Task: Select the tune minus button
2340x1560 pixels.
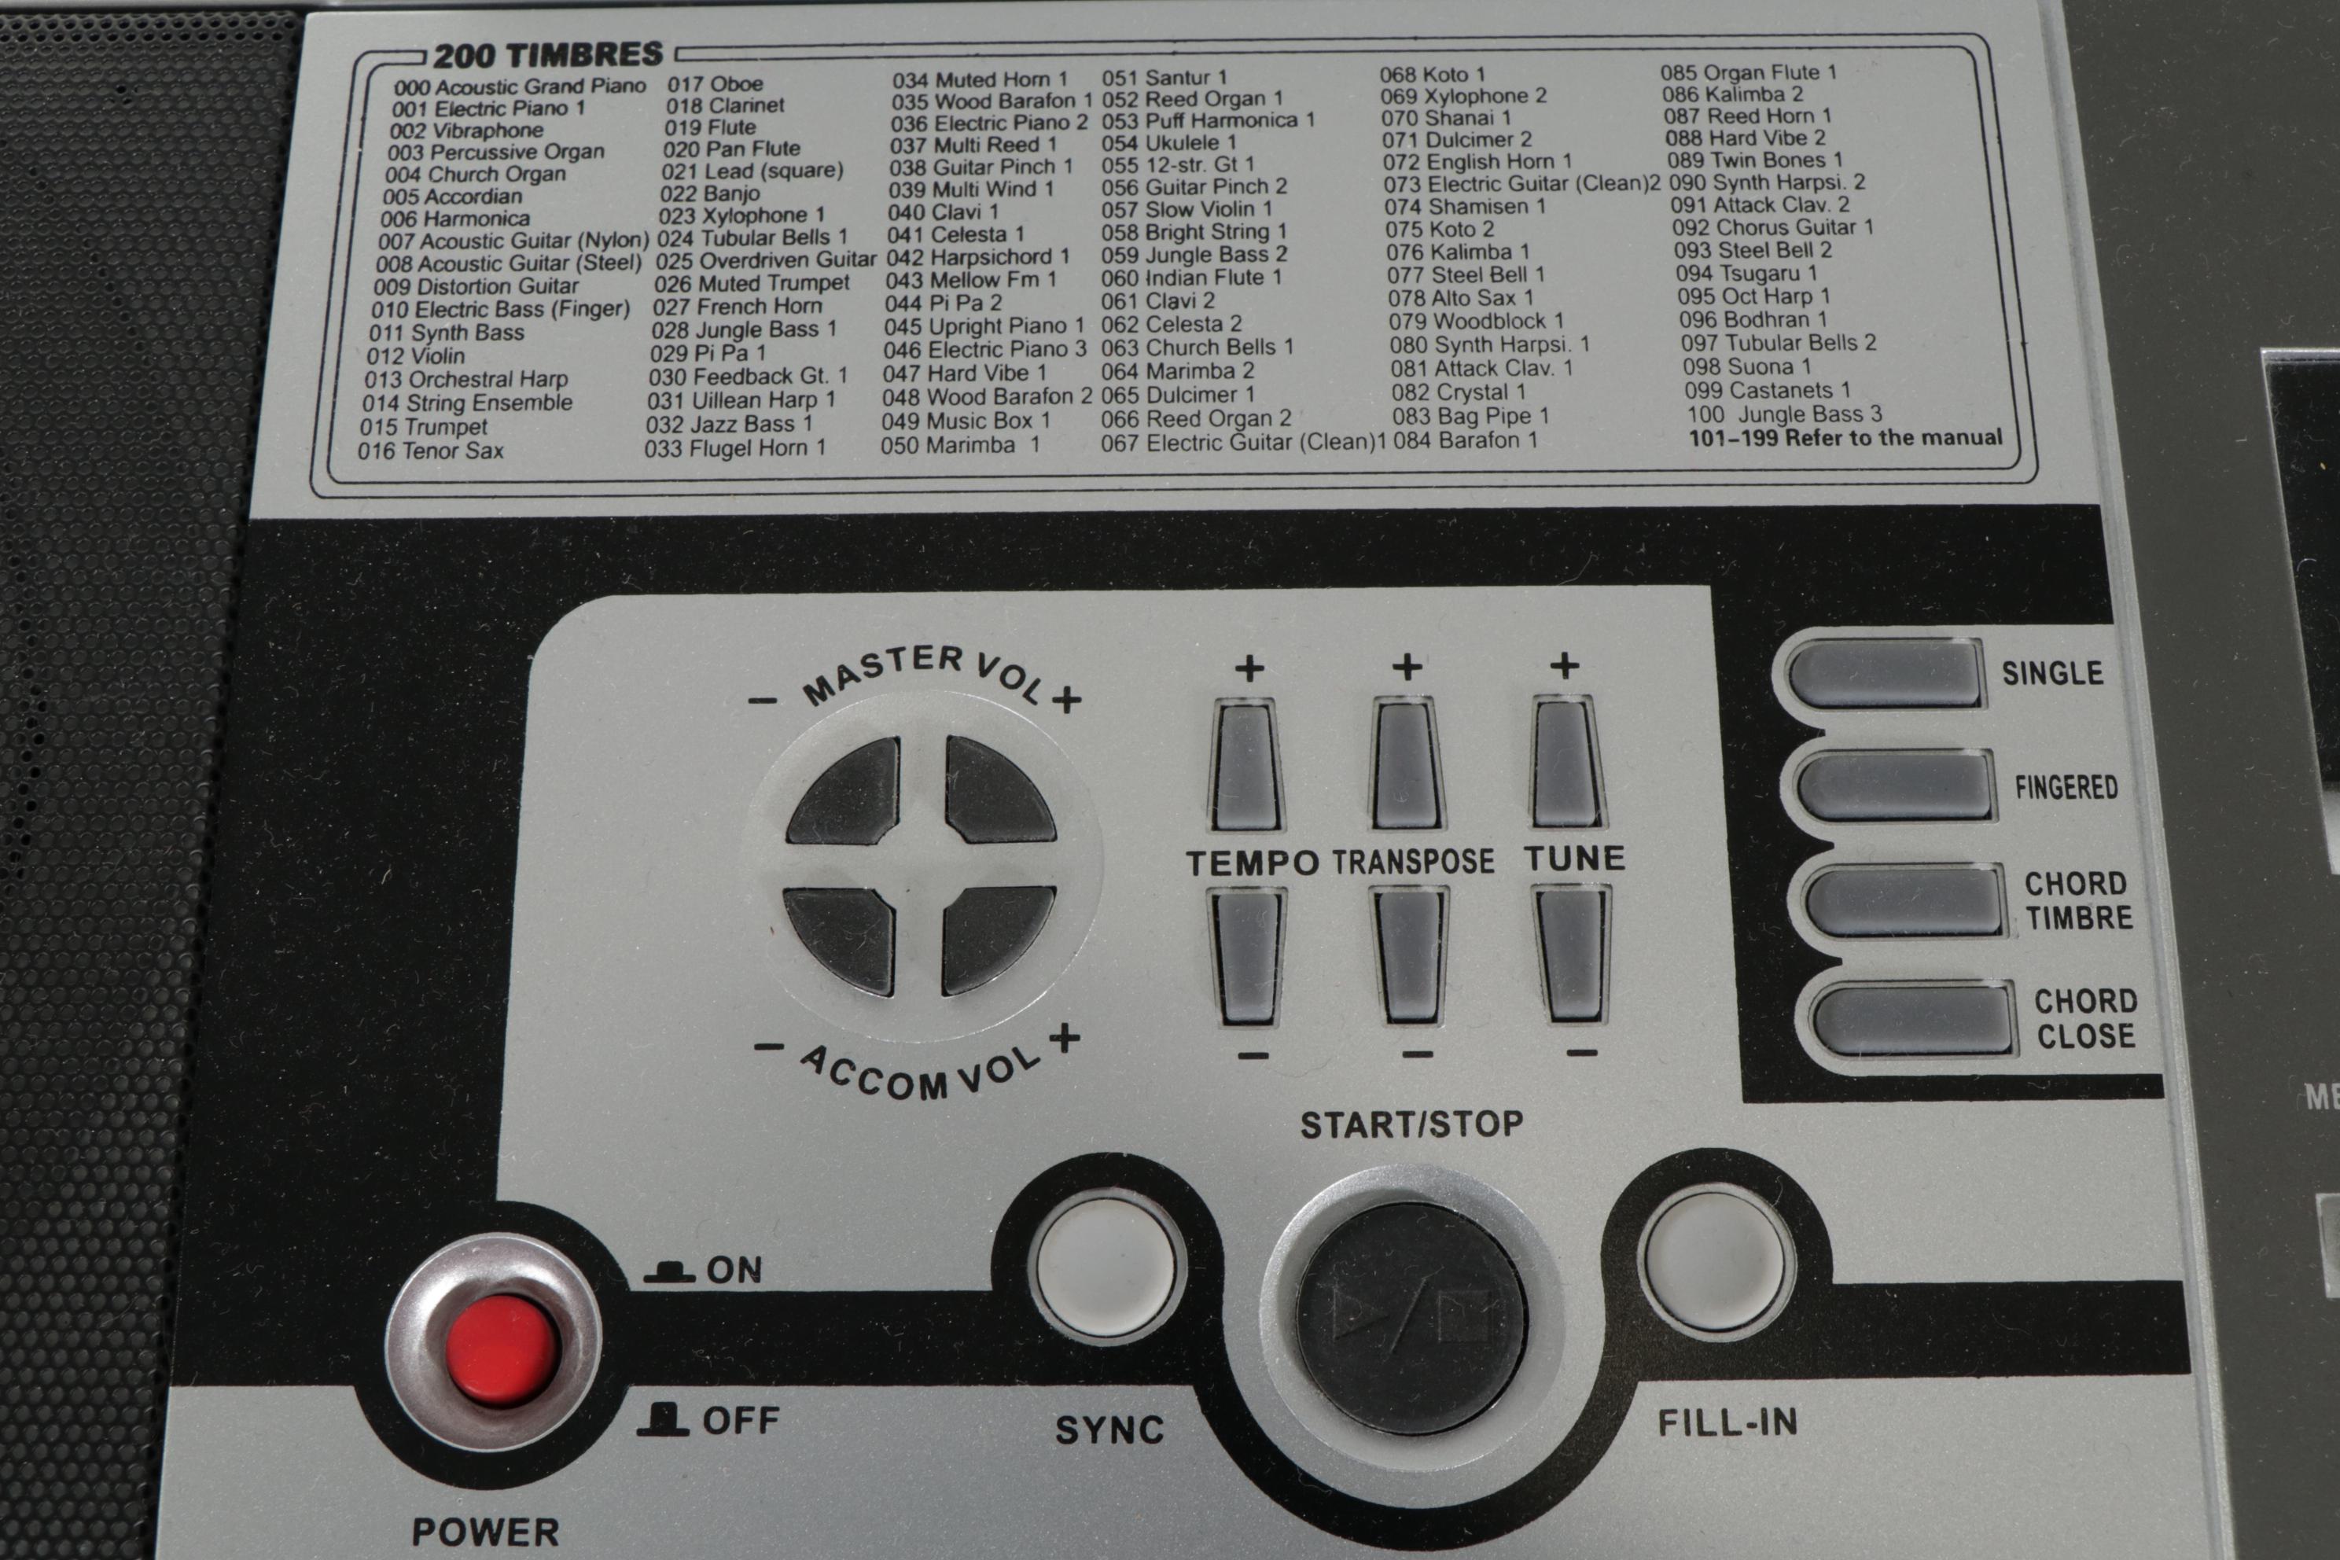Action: [1573, 955]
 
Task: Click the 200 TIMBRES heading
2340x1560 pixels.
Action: [547, 55]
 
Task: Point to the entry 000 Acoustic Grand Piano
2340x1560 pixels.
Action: [519, 86]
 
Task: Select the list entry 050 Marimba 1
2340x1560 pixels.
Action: [959, 445]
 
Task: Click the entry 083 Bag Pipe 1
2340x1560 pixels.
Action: [1470, 416]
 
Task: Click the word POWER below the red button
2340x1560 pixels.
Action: [485, 1531]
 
